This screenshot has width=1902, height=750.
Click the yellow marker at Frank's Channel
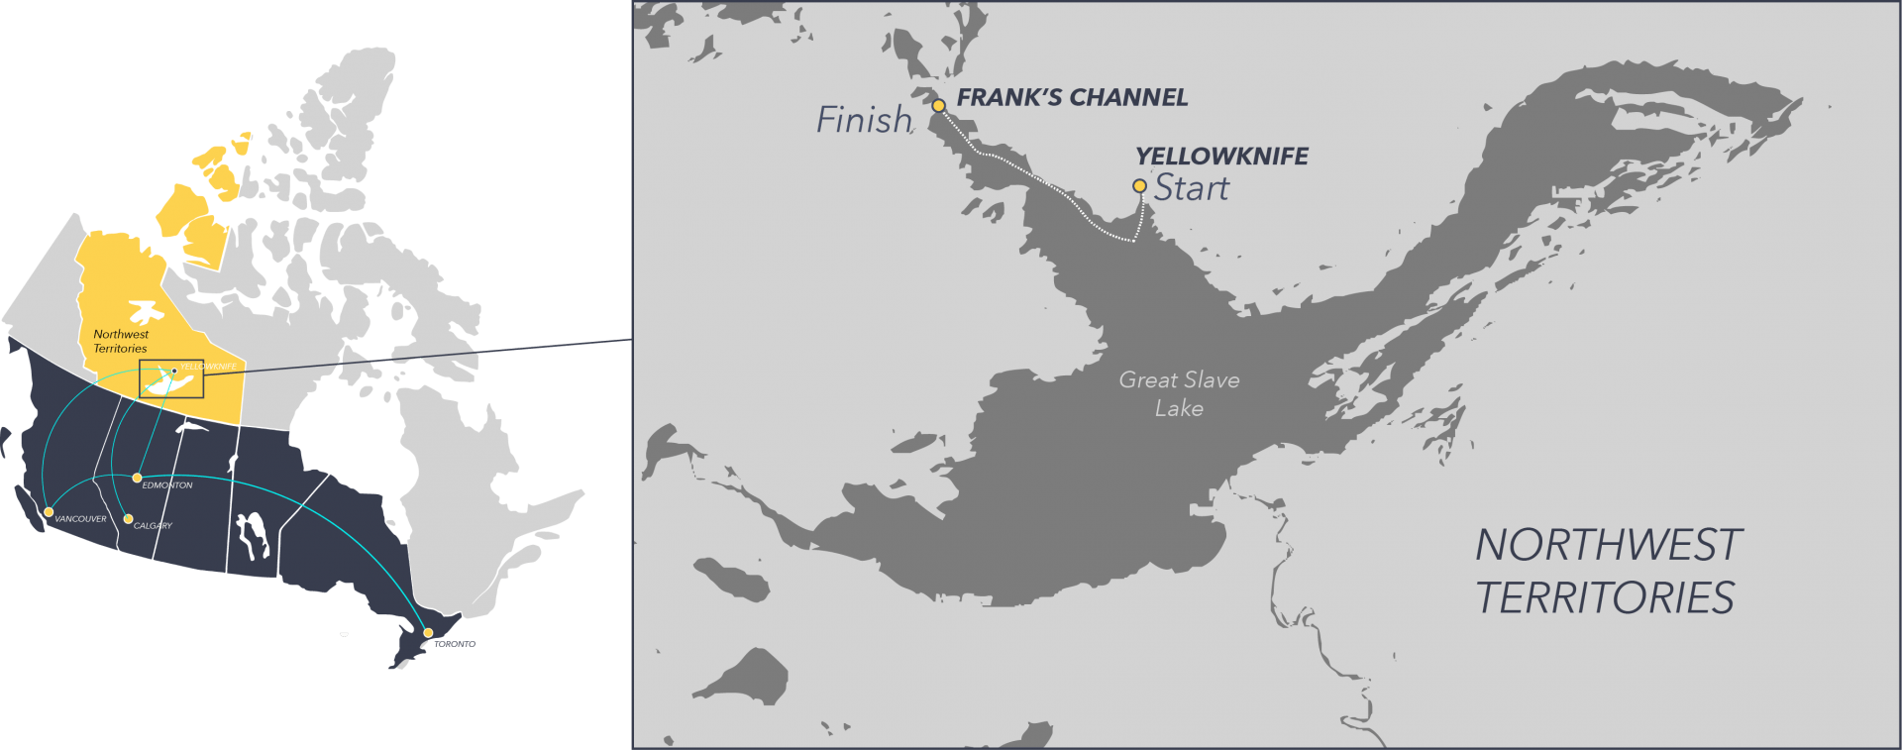[938, 105]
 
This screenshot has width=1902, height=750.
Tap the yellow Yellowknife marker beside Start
[1139, 185]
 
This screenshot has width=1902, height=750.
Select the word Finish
[864, 120]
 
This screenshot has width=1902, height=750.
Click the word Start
[1192, 188]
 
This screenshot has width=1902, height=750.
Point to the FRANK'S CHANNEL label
[1072, 97]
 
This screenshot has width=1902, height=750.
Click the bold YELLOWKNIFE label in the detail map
[1221, 157]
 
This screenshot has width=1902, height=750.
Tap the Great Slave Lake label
[1179, 393]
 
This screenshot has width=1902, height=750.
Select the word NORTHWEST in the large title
[1608, 546]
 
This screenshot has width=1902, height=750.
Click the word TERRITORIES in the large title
[1605, 598]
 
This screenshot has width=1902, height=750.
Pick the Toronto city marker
[428, 632]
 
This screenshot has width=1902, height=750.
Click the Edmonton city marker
[137, 478]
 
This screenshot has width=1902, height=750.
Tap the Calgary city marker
[128, 518]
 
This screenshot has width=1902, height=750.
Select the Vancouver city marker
[48, 512]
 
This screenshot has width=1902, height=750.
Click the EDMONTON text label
[167, 485]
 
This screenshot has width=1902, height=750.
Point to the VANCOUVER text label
[80, 519]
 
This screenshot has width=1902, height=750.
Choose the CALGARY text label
[154, 526]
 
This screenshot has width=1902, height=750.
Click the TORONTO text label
[455, 644]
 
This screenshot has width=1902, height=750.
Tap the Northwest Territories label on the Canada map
[121, 342]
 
